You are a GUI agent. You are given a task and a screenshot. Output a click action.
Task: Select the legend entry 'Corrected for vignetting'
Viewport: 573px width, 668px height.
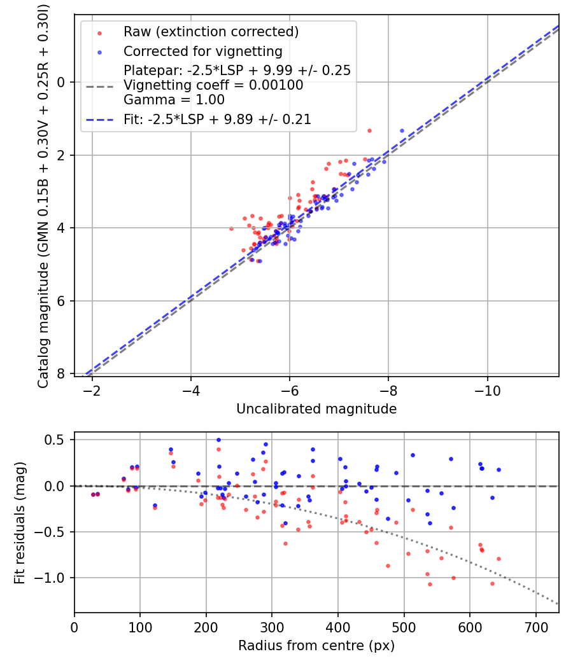[x=202, y=51]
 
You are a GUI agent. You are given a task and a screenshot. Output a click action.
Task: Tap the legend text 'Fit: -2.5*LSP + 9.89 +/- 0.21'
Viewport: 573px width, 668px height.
[x=217, y=119]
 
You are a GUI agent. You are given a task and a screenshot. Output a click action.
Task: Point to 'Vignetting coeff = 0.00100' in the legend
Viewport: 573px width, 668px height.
[x=213, y=85]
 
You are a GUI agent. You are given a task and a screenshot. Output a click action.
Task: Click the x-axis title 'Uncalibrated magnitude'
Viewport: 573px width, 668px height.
[x=316, y=409]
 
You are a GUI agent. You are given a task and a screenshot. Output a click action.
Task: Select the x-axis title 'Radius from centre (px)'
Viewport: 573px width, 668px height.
[x=316, y=646]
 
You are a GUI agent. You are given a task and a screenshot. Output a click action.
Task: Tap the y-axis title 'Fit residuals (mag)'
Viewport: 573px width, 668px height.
[x=19, y=522]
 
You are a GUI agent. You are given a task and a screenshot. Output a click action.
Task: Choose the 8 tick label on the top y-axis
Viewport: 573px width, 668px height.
[x=61, y=373]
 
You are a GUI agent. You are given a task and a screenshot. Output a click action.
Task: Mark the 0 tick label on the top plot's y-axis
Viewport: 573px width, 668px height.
[x=61, y=82]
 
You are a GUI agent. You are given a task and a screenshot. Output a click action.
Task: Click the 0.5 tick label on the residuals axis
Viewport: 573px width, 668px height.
[x=56, y=440]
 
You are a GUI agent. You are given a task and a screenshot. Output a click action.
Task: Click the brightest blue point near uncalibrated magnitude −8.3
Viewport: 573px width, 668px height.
[x=402, y=130]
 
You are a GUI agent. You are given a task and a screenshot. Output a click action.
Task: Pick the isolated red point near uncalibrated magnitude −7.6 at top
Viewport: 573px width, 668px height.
[x=369, y=130]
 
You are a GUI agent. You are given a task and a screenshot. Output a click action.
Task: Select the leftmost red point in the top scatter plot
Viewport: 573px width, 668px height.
[x=231, y=228]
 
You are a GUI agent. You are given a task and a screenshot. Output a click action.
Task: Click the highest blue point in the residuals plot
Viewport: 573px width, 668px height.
[x=218, y=440]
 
